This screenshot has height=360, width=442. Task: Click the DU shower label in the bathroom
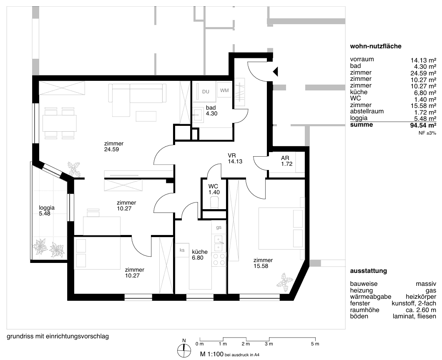coord(206,92)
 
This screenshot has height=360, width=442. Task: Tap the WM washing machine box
coord(224,90)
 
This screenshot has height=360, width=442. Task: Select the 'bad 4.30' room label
coord(211,110)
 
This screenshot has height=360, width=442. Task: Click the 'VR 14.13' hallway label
coord(235,158)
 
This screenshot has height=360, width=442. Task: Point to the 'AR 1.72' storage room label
coord(287,161)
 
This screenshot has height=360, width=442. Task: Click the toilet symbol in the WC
coord(214,202)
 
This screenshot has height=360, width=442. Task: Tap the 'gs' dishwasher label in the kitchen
coord(219,227)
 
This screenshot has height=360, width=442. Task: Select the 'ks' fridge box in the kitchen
coord(182,250)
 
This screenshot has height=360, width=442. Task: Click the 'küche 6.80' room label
coord(200,255)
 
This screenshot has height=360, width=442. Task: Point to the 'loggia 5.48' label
coord(47,210)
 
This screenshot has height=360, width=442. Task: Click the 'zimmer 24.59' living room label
coord(114,147)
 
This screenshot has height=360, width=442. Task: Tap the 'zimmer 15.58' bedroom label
coord(263,263)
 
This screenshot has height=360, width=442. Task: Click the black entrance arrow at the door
coord(275,72)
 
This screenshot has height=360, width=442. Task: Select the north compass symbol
coord(184,349)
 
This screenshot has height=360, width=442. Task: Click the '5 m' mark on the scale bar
coord(315,344)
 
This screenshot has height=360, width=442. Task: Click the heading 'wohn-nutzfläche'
coord(375,46)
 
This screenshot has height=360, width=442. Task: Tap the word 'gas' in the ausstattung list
coord(431,291)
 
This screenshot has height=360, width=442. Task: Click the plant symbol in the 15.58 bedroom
coord(283,282)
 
